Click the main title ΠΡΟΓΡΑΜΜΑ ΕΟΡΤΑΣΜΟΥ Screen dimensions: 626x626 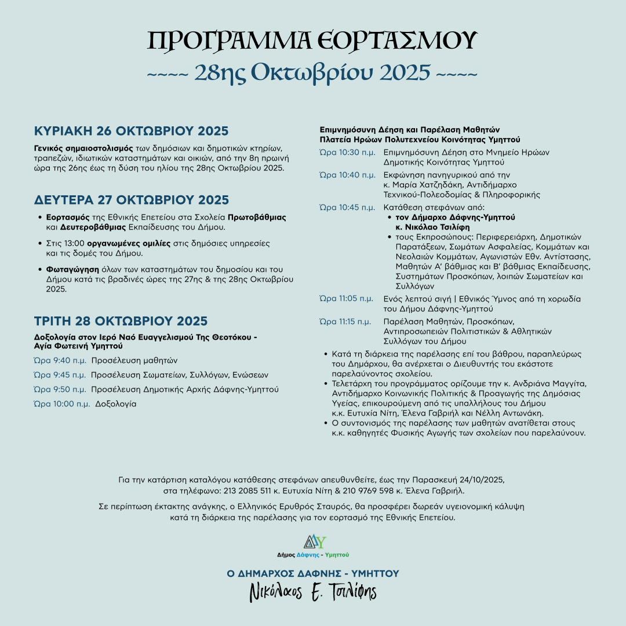[312, 41]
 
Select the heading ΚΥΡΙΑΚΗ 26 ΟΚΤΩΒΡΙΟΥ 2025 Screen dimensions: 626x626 [131, 130]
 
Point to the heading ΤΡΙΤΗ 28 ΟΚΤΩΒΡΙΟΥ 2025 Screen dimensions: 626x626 [121, 321]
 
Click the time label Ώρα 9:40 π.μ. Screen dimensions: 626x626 [60, 360]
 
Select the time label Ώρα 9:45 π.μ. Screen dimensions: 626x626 [60, 374]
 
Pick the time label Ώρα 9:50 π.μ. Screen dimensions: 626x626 [60, 389]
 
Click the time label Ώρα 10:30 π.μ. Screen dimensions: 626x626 [347, 152]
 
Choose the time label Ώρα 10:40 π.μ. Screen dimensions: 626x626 [347, 174]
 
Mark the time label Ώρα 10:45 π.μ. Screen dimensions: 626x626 [347, 207]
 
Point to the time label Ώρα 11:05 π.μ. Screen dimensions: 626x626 [346, 299]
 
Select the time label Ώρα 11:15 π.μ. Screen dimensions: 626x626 [346, 321]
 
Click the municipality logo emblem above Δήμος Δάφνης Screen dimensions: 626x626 [313, 541]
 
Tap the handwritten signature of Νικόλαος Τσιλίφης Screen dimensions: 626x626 [313, 592]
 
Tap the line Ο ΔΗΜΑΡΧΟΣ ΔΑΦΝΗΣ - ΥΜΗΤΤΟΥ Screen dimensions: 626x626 [313, 573]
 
